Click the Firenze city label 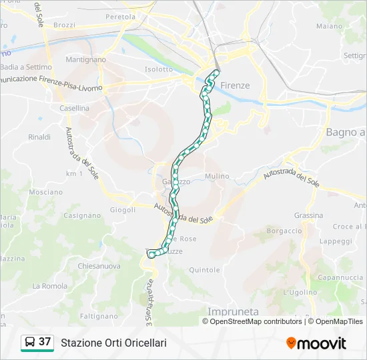point(235,85)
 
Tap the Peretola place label point(120,16)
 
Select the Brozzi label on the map point(64,25)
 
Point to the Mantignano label point(86,59)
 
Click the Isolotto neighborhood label point(159,69)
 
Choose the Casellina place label point(74,108)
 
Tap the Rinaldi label point(39,137)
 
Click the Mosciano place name point(46,192)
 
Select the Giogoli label point(123,209)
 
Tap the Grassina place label point(308,215)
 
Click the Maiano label point(329,27)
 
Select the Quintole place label point(204,270)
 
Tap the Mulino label point(217,176)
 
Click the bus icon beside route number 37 point(31,343)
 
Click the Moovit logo point(316,343)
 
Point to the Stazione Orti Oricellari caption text point(113,343)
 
